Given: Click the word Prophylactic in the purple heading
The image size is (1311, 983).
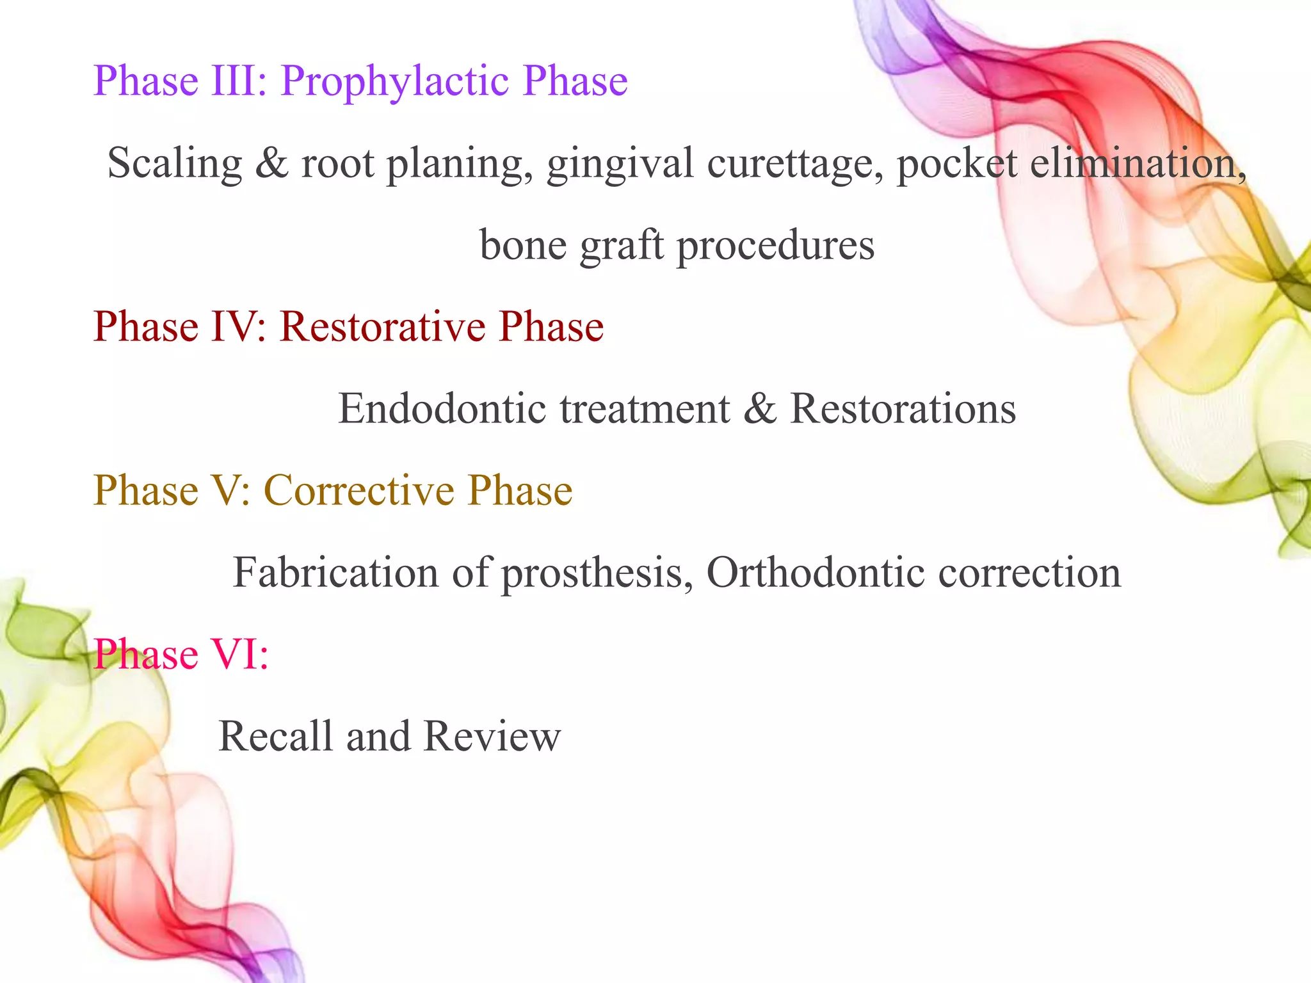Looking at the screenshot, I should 395,82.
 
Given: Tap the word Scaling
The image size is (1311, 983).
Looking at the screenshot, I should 175,164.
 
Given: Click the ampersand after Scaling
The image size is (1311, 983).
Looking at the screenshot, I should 271,163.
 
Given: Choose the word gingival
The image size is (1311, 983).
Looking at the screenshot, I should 620,164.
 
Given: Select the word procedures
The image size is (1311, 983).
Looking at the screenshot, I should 775,246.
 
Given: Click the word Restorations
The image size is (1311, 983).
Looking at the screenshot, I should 903,409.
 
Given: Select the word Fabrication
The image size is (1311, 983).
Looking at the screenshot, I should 335,573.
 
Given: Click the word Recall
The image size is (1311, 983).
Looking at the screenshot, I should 275,737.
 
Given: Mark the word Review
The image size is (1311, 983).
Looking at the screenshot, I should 492,737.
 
